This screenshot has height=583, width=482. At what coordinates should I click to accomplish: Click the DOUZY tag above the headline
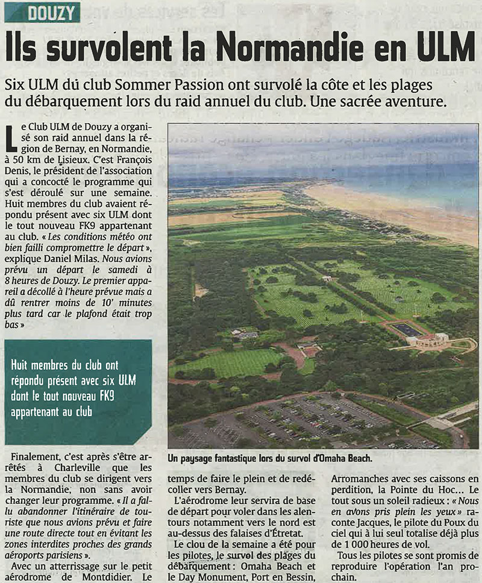point(42,12)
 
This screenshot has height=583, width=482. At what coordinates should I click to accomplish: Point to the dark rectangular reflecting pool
point(407,330)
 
